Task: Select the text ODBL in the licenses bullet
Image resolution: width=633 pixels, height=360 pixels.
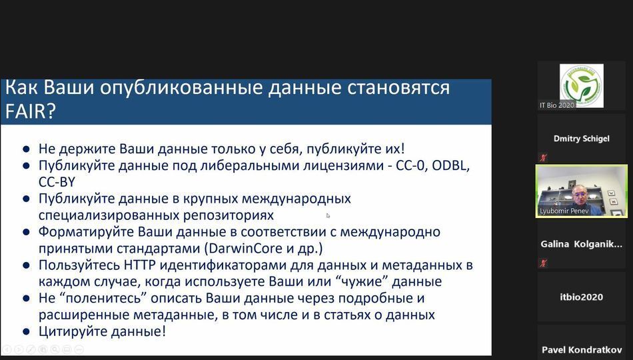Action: tap(450, 165)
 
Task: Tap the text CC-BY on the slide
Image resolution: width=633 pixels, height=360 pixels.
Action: tap(57, 182)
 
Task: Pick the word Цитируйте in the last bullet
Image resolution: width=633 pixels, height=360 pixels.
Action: tap(69, 332)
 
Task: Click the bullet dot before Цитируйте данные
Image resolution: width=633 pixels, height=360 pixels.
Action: tap(26, 332)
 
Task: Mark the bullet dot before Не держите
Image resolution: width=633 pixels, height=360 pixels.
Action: tap(26, 149)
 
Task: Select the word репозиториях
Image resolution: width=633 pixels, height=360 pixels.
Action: tap(228, 216)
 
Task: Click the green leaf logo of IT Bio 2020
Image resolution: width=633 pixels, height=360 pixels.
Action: tap(581, 85)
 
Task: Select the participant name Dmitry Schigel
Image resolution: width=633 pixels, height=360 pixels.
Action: tap(581, 139)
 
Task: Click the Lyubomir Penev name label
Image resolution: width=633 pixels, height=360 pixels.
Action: tap(564, 211)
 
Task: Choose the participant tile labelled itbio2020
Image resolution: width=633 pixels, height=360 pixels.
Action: tap(581, 297)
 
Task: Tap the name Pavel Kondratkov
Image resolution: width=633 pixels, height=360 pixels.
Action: tap(582, 350)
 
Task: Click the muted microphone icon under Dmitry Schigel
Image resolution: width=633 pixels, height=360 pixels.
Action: tap(543, 157)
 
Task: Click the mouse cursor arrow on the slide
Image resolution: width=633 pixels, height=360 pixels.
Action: tap(328, 216)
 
